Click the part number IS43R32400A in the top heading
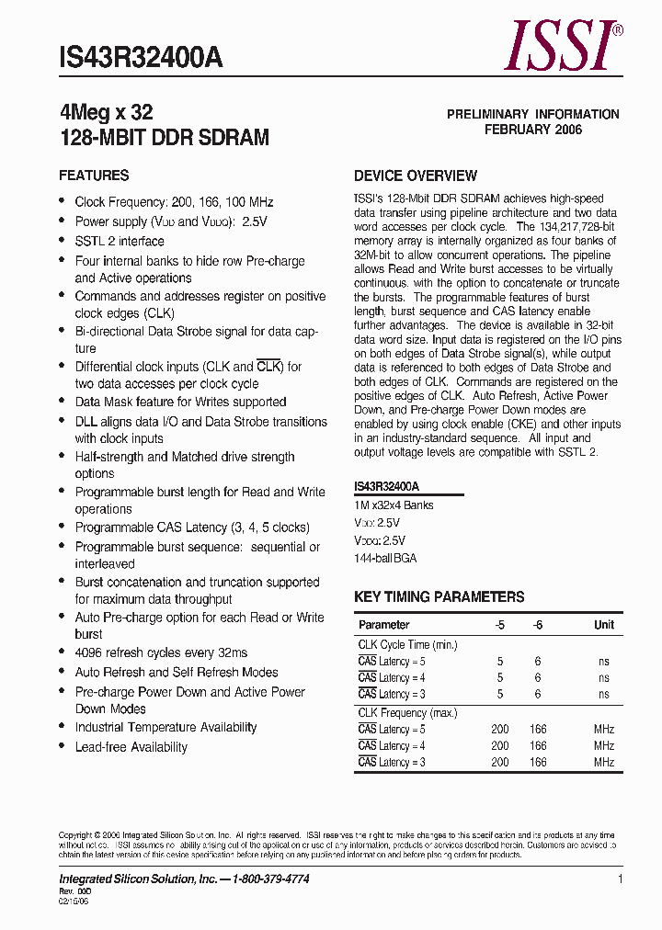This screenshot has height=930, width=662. [141, 59]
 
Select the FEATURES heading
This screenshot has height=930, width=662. [94, 176]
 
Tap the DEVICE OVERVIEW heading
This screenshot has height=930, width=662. [416, 176]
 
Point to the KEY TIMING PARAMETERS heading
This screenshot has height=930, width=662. [439, 597]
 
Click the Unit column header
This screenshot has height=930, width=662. [604, 625]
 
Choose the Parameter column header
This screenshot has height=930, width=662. [383, 625]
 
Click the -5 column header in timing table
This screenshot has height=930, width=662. [499, 625]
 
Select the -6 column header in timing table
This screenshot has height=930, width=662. [538, 625]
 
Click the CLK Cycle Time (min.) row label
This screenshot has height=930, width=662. [406, 645]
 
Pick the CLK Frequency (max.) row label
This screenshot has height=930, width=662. [407, 713]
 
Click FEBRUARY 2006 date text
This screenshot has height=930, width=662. [533, 130]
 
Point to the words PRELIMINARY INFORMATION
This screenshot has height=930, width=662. [533, 114]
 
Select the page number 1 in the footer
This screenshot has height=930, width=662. [621, 879]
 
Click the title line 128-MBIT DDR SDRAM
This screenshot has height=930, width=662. [164, 138]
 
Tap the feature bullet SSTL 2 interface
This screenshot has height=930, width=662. [120, 242]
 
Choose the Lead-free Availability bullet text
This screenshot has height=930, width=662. [131, 747]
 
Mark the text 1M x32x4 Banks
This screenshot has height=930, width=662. [394, 505]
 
